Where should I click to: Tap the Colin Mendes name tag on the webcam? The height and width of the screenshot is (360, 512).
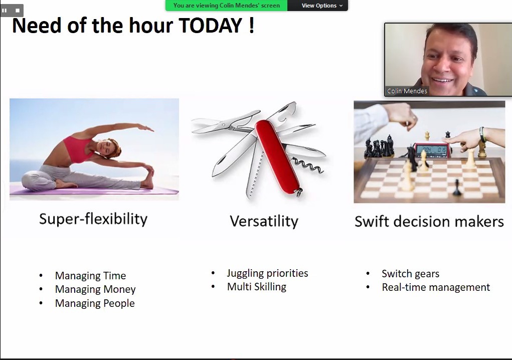tap(407, 91)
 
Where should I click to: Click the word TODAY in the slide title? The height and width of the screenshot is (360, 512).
tap(211, 26)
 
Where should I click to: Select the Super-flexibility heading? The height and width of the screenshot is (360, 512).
tap(93, 219)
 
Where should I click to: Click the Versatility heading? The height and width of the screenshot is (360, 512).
tap(264, 221)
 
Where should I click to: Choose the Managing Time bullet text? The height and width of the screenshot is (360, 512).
tap(90, 276)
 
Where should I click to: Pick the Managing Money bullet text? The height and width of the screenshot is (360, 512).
tap(95, 289)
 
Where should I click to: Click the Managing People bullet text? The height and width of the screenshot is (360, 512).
tap(95, 303)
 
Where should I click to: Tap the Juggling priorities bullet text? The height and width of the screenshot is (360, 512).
tap(267, 273)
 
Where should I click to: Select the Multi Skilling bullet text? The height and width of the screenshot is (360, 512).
tap(257, 287)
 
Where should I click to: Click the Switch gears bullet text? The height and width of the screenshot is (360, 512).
tap(410, 274)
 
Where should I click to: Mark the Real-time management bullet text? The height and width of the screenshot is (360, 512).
tap(436, 287)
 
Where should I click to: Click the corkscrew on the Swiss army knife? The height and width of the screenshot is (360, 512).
tap(307, 165)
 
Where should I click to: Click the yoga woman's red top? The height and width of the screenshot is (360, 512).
tap(78, 148)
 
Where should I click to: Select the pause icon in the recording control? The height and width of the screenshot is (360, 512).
tap(4, 11)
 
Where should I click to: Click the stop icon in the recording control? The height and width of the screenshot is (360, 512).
tap(18, 11)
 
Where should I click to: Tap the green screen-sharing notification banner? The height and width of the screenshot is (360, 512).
tap(226, 6)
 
